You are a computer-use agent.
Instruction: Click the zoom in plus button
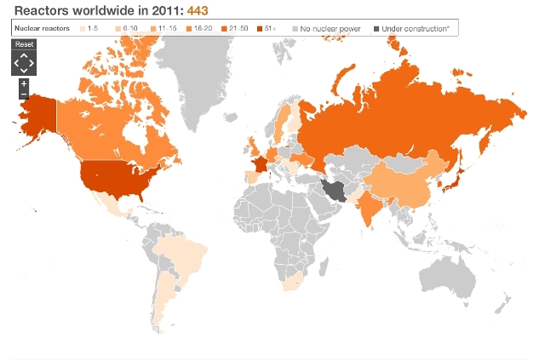(24, 83)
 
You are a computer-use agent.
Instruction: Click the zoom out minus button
(24, 94)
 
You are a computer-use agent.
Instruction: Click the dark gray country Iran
(336, 190)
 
